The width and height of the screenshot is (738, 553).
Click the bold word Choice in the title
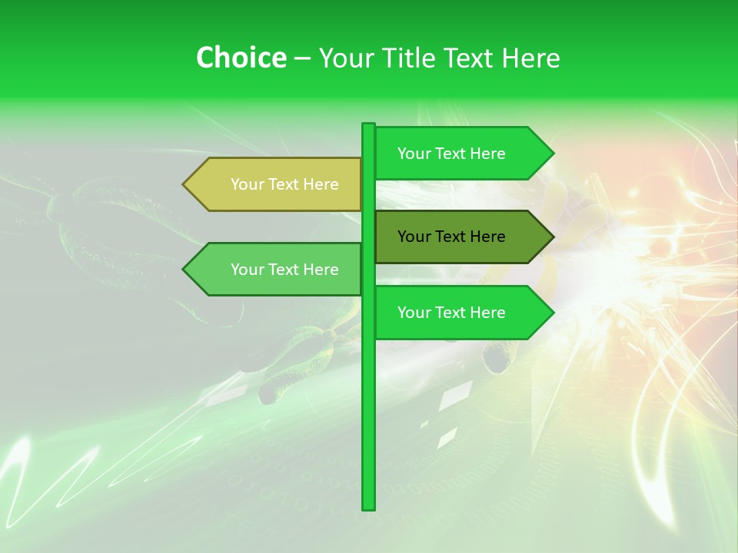point(241,58)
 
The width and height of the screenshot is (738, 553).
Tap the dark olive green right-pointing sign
point(461,237)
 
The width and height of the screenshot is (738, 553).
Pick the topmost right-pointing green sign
point(461,153)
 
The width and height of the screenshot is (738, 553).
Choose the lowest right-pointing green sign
point(461,313)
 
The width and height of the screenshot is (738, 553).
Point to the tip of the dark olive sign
point(552,237)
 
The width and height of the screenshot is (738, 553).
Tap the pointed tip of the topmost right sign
point(552,153)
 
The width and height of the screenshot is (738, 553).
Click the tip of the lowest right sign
point(552,313)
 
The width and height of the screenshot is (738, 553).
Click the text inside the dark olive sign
point(451,237)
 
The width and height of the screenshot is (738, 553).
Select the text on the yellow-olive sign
point(284,184)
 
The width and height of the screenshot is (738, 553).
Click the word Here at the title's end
point(530,58)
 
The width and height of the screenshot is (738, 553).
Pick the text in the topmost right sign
point(451,154)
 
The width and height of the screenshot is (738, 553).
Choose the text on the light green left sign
point(284,270)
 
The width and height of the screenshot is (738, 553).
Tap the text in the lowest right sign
point(451,313)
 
